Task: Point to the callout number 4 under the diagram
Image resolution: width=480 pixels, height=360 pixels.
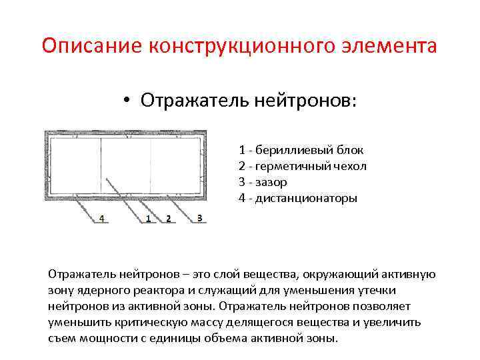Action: (102, 219)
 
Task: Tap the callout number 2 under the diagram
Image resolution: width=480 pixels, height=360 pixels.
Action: (168, 219)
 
